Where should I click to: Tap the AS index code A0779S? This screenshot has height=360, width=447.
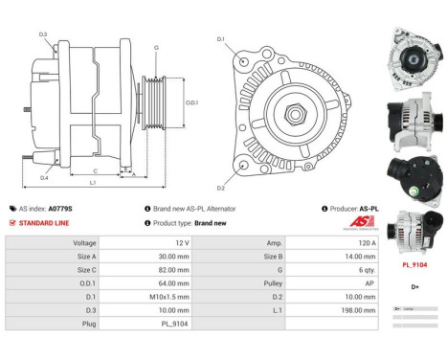coord(60,208)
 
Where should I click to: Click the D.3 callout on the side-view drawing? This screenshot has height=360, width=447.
coord(43,35)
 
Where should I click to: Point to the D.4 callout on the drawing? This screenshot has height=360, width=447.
coord(43,177)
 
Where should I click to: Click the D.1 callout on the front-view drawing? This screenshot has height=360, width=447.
coord(220,39)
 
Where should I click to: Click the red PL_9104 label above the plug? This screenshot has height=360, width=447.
coord(413,264)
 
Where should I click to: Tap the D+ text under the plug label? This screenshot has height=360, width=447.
coord(414,286)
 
